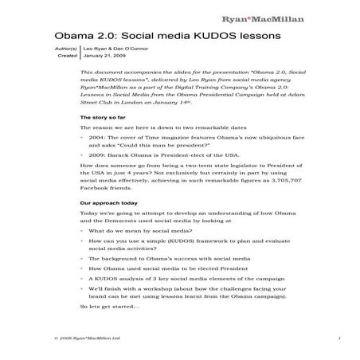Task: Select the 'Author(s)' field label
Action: [x=66, y=50]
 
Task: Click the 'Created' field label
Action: [x=68, y=57]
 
